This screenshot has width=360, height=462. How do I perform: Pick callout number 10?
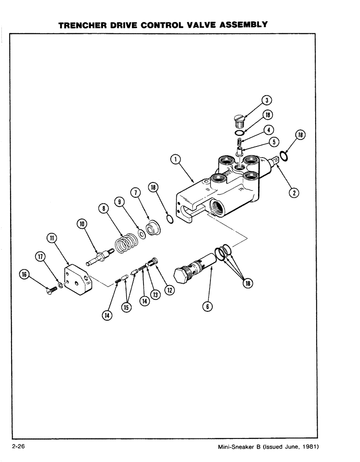coord(82,225)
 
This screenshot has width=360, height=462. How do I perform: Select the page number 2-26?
coord(21,447)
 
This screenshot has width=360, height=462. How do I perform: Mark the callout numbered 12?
coord(170,290)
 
